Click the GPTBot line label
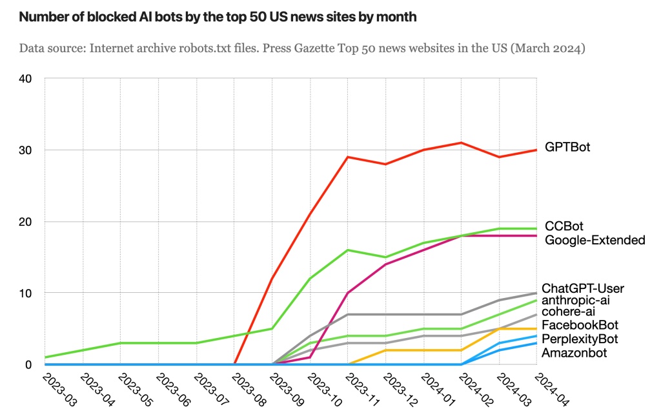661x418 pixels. [568, 148]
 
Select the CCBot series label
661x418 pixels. [564, 226]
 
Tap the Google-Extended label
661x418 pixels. [595, 241]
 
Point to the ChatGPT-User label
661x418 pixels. [583, 288]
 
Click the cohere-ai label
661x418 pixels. [568, 312]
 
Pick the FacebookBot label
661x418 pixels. [580, 324]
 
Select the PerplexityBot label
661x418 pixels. [580, 339]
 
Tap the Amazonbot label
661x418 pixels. [574, 353]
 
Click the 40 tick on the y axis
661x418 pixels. [26, 79]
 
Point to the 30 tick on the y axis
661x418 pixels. [26, 150]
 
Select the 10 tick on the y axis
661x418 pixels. [26, 293]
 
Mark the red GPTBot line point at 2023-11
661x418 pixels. [348, 157]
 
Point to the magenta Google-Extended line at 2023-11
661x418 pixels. [348, 293]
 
